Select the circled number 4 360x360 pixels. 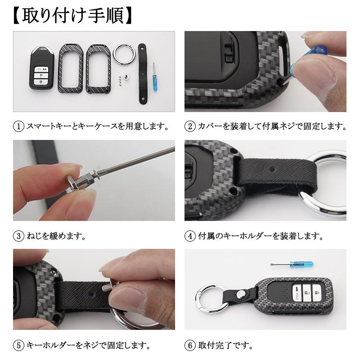[x=190, y=236]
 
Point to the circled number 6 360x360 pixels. [x=190, y=346]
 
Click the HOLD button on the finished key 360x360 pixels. [x=297, y=295]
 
